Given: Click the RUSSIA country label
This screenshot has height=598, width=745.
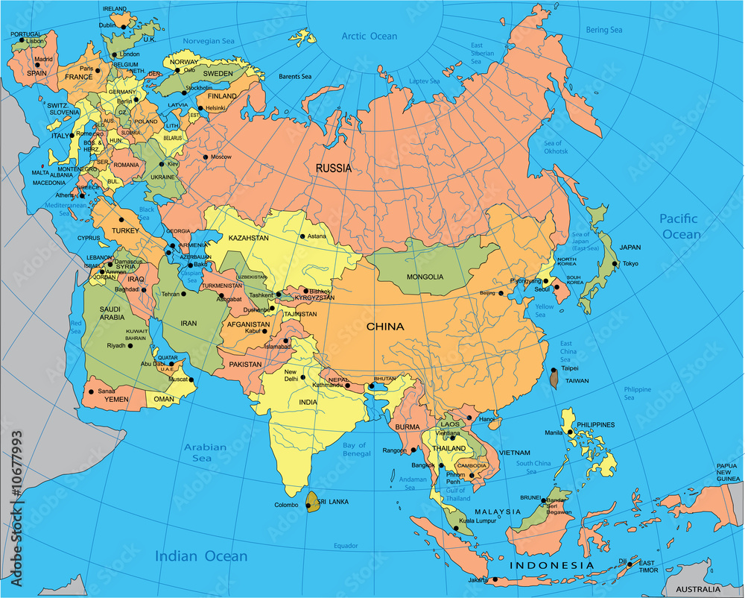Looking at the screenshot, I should pos(333,169).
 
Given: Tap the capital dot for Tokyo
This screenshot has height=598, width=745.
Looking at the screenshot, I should pos(615,263).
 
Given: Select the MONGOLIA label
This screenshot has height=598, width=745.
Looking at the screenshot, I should pos(425,277).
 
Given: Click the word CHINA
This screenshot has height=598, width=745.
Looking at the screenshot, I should pos(385,327).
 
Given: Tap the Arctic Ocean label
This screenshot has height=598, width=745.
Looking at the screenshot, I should pos(370,36).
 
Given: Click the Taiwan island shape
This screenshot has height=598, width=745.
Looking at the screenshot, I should pos(554,378).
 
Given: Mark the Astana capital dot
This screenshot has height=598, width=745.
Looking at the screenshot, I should pos(302,236).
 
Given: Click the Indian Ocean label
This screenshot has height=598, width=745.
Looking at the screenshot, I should pos(201,556).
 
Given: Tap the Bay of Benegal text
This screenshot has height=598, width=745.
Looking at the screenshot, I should pos(355,449).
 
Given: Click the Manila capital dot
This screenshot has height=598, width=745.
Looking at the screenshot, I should pos(570,432).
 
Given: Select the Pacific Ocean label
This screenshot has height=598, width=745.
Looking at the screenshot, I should pos(679,226).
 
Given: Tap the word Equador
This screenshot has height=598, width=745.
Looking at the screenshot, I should pos(346,546).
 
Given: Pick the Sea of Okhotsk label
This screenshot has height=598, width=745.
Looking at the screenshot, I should pos(555,147).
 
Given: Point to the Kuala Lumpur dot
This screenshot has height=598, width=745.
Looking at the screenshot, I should pos(455,529).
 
